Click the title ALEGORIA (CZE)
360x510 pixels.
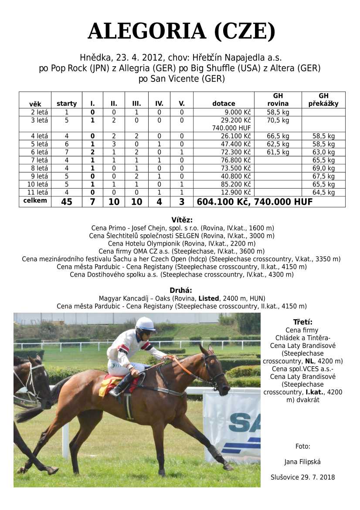coord(181,31)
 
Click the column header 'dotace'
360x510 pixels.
coord(224,104)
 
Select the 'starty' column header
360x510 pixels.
coord(67,104)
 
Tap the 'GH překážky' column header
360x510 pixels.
coord(323,100)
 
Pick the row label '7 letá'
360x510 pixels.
coord(35,160)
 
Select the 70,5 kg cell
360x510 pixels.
coord(278,120)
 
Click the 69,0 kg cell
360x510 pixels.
coord(323,168)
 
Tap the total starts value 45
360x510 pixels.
coord(67,202)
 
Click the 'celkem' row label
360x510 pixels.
coord(35,201)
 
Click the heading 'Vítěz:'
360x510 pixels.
coord(181,220)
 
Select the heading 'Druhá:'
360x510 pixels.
coord(181,290)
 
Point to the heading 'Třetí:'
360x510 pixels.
coord(302,322)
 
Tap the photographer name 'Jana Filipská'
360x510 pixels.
coord(302,462)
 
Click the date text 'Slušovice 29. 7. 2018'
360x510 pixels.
coord(302,477)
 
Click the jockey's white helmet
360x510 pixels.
coord(146,324)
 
